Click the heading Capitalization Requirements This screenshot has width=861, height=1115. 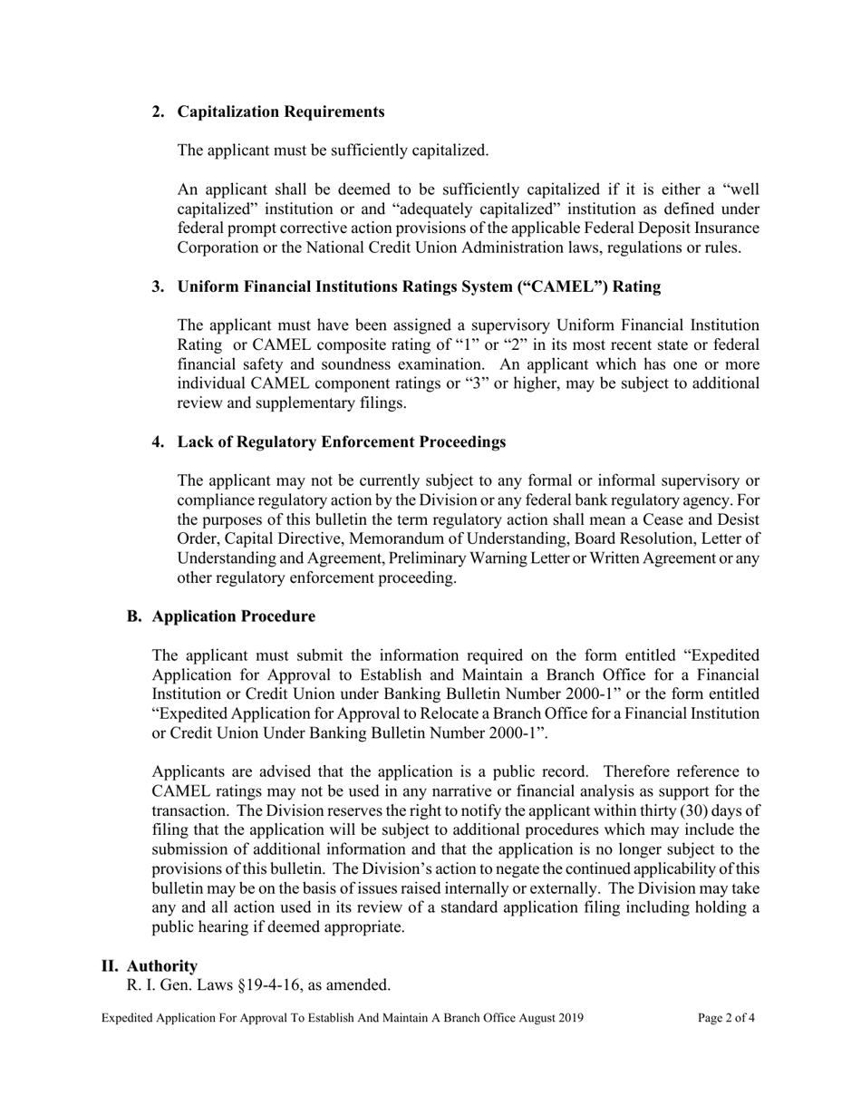tap(281, 111)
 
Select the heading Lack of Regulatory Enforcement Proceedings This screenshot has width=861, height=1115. tap(341, 441)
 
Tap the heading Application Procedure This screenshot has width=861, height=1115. tap(234, 616)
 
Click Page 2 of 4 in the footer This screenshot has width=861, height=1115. tap(726, 1018)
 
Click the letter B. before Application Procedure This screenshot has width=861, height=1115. tap(134, 616)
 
